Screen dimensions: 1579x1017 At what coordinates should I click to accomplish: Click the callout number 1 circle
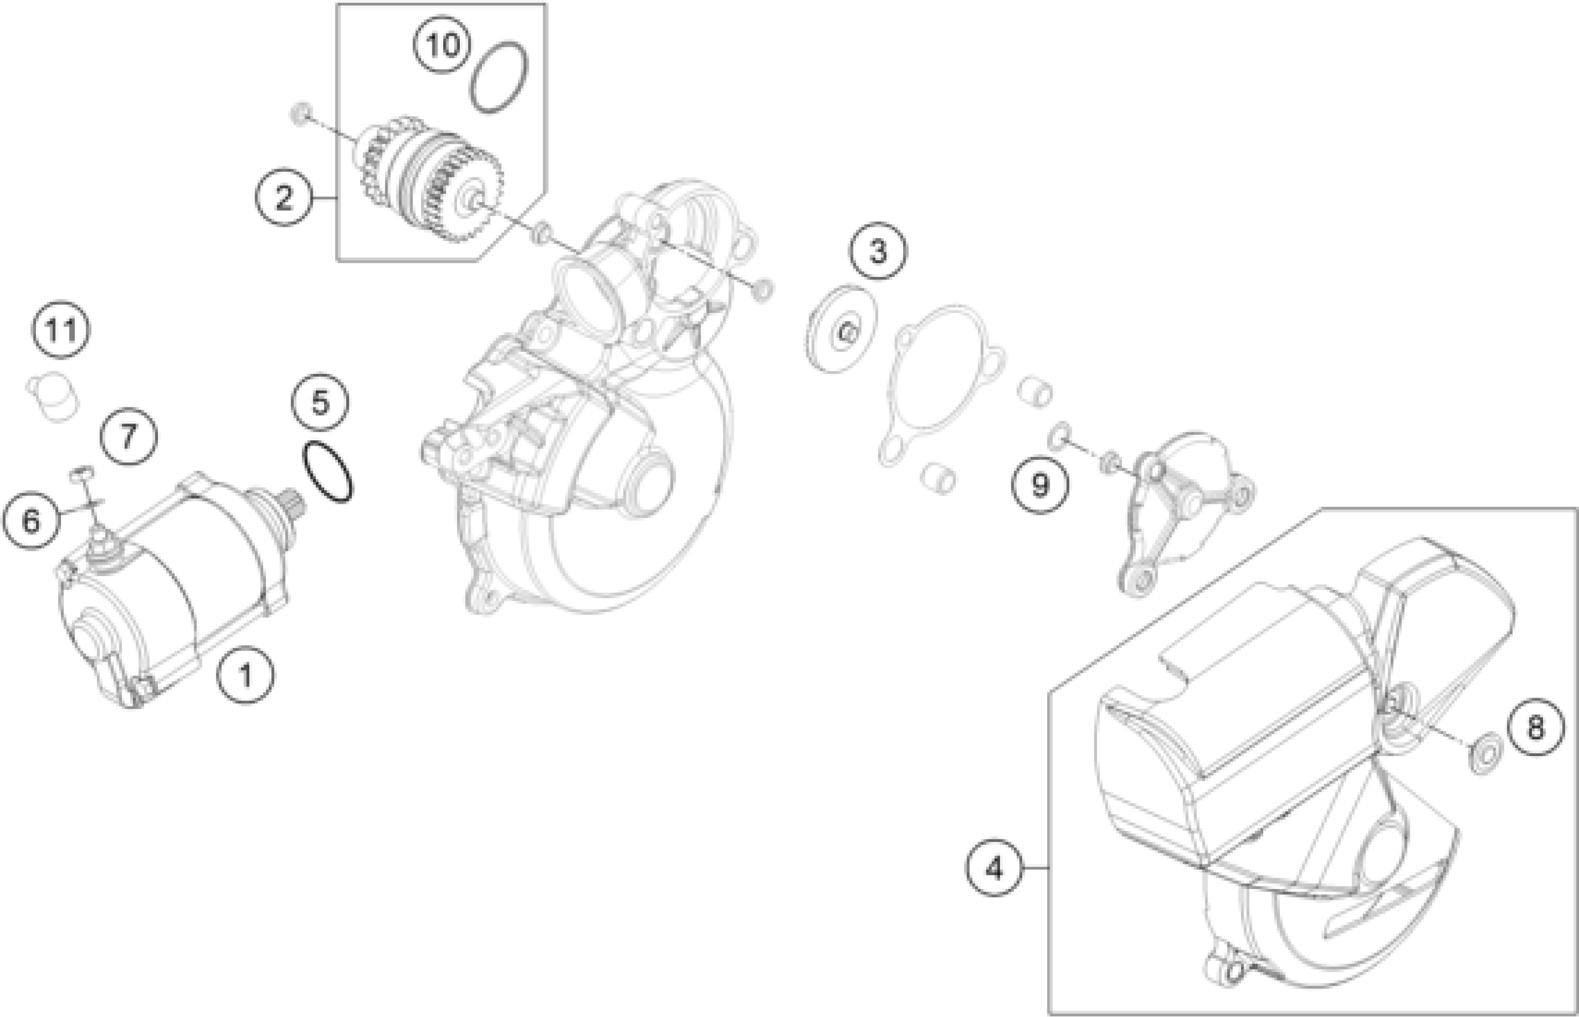(x=246, y=675)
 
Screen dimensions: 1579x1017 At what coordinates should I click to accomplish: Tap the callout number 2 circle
(x=284, y=197)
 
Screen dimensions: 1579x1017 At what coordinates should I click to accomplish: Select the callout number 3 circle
(x=878, y=252)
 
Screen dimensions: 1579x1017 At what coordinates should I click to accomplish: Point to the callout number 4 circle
(x=994, y=868)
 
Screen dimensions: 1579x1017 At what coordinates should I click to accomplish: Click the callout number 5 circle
(x=320, y=402)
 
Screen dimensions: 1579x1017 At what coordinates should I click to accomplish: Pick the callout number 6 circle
(x=31, y=522)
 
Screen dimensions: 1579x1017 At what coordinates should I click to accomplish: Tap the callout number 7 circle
(x=128, y=436)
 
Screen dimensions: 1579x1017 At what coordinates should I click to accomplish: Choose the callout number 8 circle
(x=1535, y=729)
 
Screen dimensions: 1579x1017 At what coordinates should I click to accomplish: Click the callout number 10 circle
(x=442, y=45)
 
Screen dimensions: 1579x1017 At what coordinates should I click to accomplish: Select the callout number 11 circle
(x=62, y=330)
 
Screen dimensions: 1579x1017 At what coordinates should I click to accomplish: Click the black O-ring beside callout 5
(x=327, y=471)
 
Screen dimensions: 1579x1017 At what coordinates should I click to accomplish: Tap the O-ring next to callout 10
(x=499, y=77)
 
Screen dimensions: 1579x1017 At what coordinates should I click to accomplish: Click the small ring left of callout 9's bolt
(x=1057, y=434)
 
